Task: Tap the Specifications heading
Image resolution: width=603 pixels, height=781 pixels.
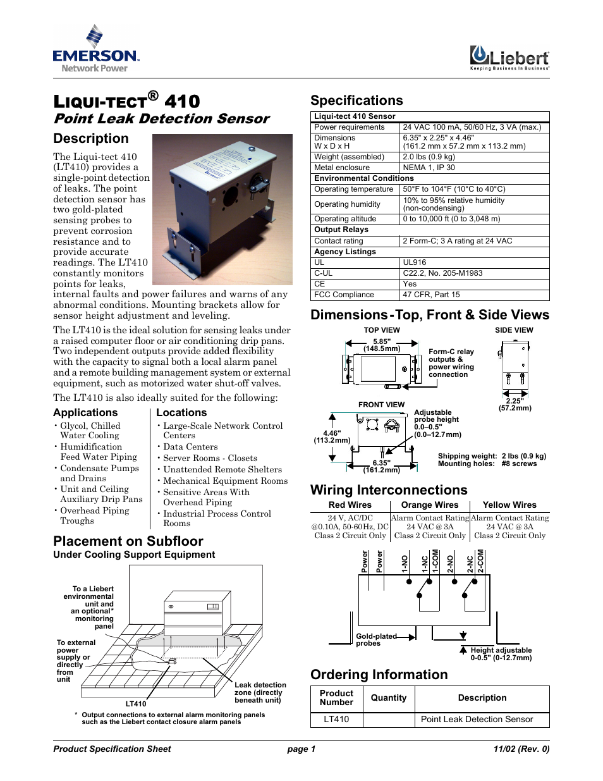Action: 356,101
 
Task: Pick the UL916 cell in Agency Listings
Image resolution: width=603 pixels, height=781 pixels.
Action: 415,262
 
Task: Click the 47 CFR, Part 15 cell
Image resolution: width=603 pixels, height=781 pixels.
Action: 431,295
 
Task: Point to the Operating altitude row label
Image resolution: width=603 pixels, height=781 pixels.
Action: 345,219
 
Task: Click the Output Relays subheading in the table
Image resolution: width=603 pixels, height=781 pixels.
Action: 341,230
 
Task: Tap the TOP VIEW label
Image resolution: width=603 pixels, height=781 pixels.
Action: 382,330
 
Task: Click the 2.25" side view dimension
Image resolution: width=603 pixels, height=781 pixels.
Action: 515,404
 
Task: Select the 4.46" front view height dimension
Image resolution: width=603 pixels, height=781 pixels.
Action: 332,436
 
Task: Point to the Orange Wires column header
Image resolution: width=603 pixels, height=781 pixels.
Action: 430,505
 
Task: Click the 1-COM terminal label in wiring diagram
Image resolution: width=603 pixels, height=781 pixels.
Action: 435,561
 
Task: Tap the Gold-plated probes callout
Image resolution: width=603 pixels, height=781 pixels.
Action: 375,639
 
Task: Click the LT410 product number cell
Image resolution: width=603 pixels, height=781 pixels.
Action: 336,719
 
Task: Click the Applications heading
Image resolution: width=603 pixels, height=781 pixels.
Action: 85,412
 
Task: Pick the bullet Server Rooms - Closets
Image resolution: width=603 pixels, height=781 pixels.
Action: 210,458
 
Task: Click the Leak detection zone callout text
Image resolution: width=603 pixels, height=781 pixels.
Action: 260,692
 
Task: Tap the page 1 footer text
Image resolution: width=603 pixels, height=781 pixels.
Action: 301,749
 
